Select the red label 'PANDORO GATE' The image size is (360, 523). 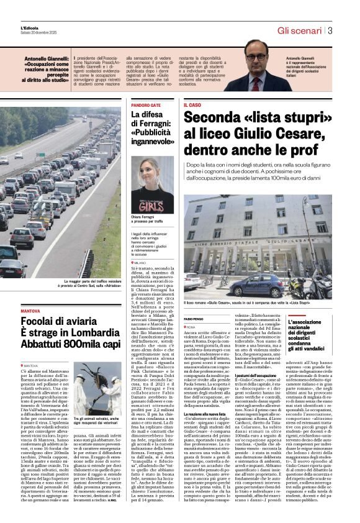pyautogui.click(x=146, y=106)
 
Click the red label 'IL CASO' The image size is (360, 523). pyautogui.click(x=192, y=106)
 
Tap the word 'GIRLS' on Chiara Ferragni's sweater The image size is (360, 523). pyautogui.click(x=152, y=203)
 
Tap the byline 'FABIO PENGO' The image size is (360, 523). pyautogui.click(x=194, y=318)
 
